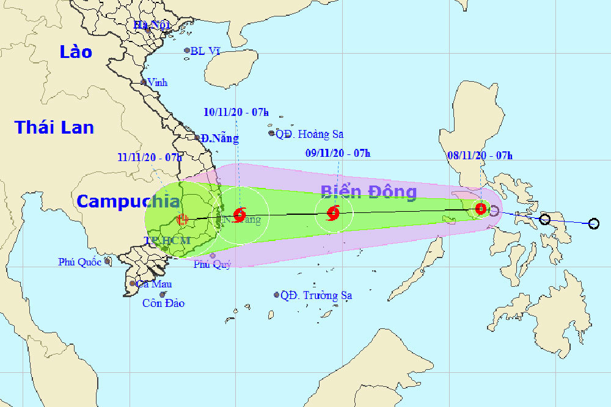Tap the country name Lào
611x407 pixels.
(x=76, y=52)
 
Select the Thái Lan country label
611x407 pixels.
(x=54, y=127)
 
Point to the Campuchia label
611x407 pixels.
(x=128, y=201)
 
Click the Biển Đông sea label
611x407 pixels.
(x=368, y=192)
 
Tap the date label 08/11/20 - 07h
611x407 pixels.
(x=480, y=156)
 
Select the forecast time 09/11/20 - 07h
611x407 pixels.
(x=338, y=153)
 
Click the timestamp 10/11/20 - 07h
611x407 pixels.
(x=236, y=112)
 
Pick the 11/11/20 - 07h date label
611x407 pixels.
(x=150, y=157)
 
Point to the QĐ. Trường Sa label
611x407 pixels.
(x=315, y=295)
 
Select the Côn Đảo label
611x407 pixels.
(x=163, y=303)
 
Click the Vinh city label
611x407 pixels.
(x=157, y=82)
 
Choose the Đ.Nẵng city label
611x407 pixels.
(x=221, y=139)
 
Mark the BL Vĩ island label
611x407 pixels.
(x=205, y=51)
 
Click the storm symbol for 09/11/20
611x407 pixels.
(x=333, y=213)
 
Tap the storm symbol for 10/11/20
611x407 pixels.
(x=240, y=214)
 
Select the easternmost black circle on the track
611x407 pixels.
(x=594, y=224)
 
